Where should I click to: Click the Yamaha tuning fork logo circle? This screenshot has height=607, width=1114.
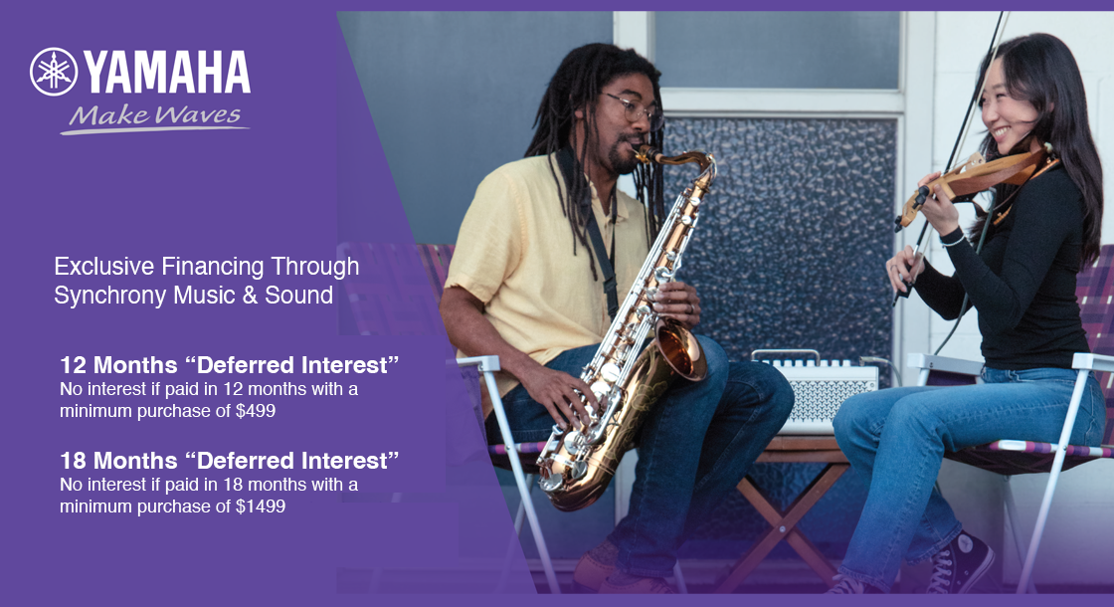54,72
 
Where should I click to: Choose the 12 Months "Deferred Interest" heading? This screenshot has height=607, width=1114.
229,364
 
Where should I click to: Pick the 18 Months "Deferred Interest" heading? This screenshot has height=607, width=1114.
229,461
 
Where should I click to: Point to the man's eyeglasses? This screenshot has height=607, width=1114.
633,108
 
